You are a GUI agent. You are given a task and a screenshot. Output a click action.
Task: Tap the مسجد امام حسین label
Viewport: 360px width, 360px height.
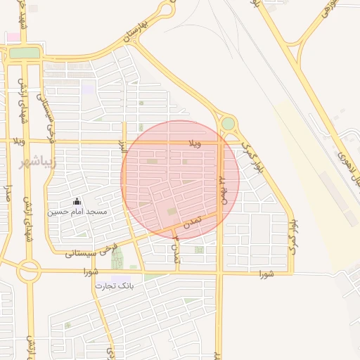77,211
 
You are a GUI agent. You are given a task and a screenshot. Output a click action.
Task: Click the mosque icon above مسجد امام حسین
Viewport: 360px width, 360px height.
77,201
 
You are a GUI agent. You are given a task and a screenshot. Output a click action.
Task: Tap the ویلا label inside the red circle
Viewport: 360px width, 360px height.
194,143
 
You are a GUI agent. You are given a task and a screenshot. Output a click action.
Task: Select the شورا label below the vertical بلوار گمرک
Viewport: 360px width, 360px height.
265,273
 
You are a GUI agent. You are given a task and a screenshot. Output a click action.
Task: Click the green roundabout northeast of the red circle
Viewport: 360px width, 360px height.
228,124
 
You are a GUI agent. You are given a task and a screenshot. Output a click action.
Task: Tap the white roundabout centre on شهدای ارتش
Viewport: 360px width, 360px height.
29,269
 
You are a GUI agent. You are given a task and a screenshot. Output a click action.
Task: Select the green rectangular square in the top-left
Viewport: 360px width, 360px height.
25,53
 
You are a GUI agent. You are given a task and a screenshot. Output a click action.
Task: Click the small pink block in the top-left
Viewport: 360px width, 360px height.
13,37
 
